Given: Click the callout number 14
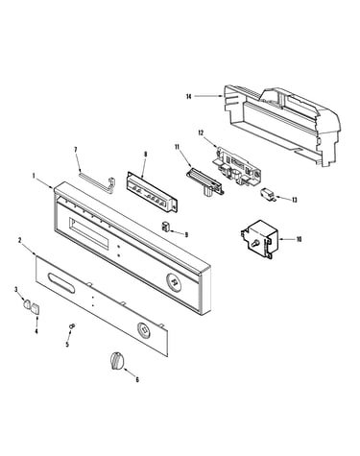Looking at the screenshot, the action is click(188, 96).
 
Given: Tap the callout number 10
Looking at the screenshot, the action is click(299, 239).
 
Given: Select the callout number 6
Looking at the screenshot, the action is click(137, 380).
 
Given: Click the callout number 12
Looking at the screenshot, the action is click(201, 132).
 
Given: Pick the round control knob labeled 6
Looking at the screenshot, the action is click(116, 361).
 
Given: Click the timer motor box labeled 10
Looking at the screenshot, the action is click(258, 239).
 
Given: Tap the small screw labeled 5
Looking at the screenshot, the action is click(72, 325).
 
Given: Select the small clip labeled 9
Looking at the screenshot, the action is click(165, 226).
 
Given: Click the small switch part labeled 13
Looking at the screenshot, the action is click(268, 194).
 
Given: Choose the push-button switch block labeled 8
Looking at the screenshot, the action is click(152, 191).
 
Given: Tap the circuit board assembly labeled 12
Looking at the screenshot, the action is click(238, 167).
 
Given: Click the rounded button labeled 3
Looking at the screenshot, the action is click(27, 303).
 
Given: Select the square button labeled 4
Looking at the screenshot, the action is click(35, 309).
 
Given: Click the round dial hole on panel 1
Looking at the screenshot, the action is click(174, 281).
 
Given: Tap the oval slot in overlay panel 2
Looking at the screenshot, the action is click(61, 282).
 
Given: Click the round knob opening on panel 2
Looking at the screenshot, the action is click(144, 329).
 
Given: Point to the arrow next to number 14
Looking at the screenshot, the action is click(208, 96).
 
